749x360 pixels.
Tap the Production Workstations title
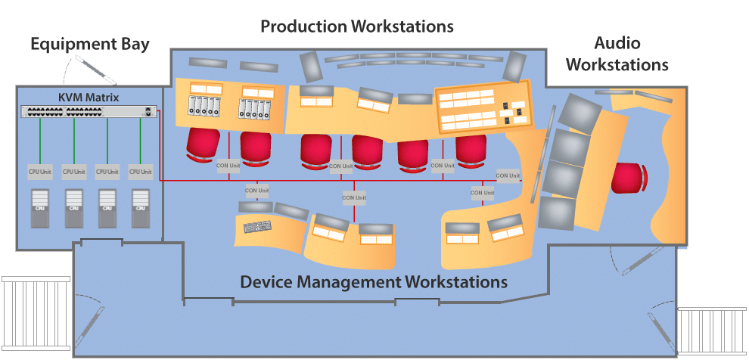[x=356, y=26]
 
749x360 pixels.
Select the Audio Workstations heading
[x=617, y=53]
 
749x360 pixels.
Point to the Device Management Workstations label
[x=373, y=283]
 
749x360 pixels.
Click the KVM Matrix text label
[x=89, y=98]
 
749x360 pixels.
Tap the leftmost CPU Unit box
[x=40, y=172]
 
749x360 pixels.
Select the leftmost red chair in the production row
[x=202, y=144]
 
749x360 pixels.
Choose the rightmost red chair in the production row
[x=471, y=148]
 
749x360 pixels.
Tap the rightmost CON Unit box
[x=508, y=175]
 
